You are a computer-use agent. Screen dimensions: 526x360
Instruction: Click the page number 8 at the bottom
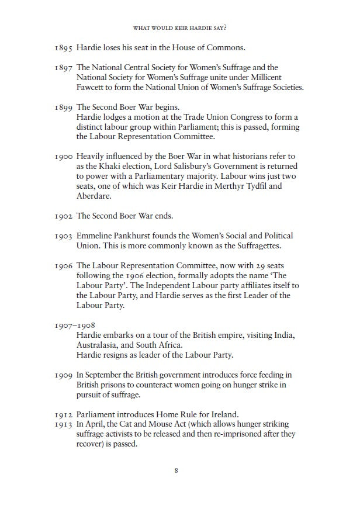(176, 470)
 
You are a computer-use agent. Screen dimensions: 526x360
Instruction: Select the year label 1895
(64, 47)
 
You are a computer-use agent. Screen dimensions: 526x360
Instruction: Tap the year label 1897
(64, 68)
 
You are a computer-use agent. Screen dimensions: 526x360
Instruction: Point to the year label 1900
(64, 156)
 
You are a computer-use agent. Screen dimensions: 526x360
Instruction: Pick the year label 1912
(64, 414)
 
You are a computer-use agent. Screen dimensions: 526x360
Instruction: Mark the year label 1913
(64, 424)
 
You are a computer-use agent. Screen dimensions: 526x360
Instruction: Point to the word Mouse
(167, 424)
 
